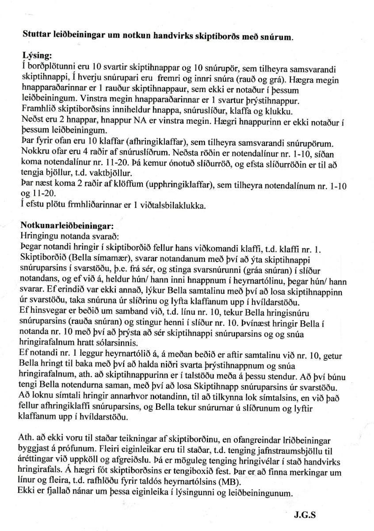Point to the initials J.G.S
pyautogui.click(x=305, y=515)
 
